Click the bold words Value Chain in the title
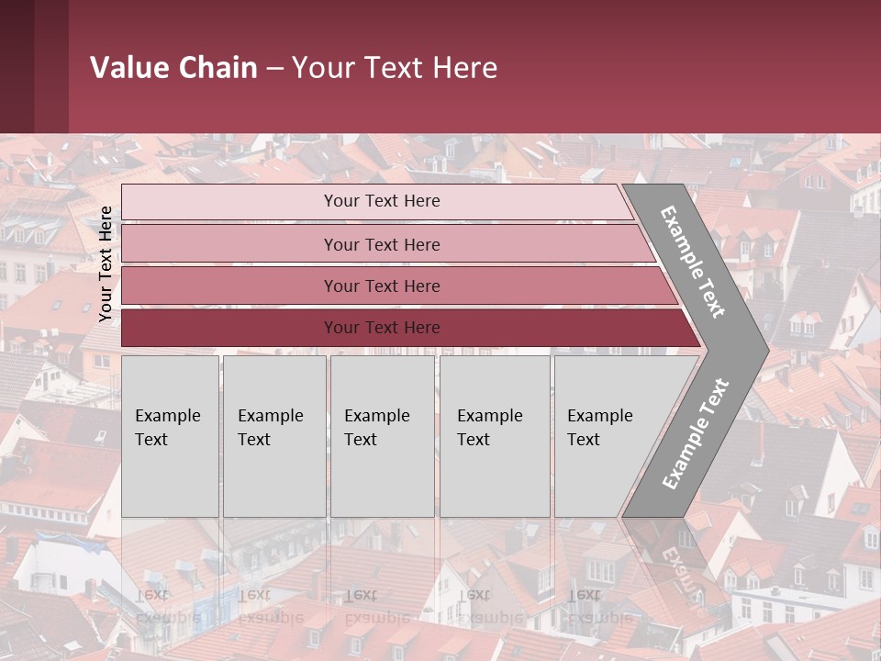[x=173, y=68]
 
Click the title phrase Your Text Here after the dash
[x=395, y=68]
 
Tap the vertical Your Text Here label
[x=106, y=263]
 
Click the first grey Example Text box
[x=170, y=436]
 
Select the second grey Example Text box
[x=273, y=436]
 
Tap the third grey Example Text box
[x=382, y=436]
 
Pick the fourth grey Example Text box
[x=495, y=436]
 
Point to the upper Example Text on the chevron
[x=693, y=262]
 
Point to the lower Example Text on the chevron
[x=695, y=434]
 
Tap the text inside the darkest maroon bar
[x=382, y=328]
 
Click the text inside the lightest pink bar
[x=382, y=201]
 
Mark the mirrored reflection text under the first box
[x=167, y=606]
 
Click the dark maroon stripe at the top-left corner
[x=33, y=66]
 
